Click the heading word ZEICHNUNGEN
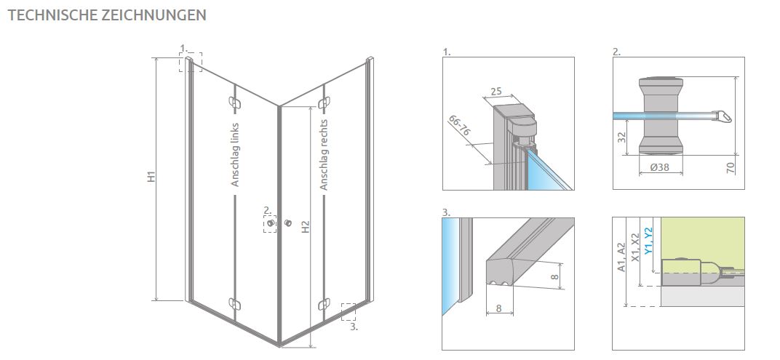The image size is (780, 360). click(x=154, y=15)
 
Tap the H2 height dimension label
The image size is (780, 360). click(x=306, y=227)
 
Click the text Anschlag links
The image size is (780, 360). click(x=235, y=155)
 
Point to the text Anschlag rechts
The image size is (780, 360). click(x=325, y=155)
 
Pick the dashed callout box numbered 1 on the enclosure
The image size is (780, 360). click(x=191, y=62)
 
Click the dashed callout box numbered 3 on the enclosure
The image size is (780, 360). click(x=349, y=312)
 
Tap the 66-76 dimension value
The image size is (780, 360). click(x=459, y=127)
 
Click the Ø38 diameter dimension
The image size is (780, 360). click(x=660, y=167)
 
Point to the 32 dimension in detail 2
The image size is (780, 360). click(x=621, y=137)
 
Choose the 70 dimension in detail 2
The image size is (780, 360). click(x=731, y=168)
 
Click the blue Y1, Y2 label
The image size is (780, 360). click(x=648, y=241)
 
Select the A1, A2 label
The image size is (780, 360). click(x=621, y=257)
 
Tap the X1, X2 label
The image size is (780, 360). click(x=634, y=247)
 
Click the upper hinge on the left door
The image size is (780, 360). click(x=234, y=103)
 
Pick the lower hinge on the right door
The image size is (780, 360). click(x=324, y=303)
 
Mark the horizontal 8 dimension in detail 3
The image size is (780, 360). click(x=498, y=309)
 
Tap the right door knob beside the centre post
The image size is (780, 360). click(x=287, y=223)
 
